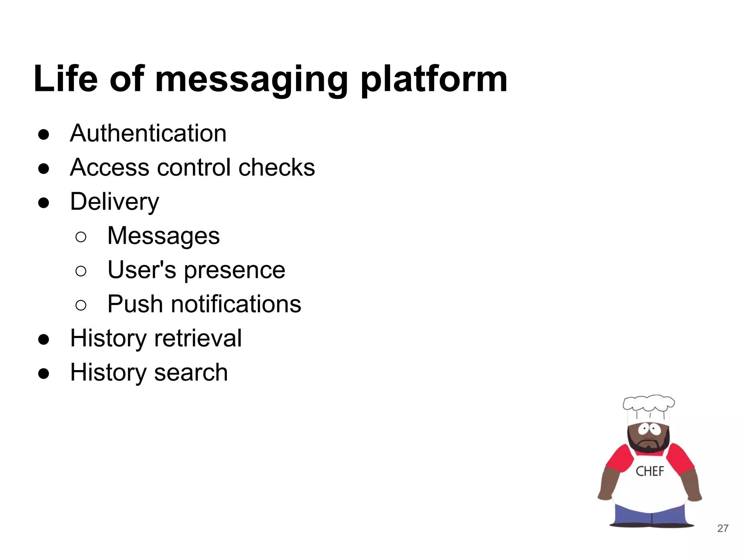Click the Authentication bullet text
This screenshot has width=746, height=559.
point(148,133)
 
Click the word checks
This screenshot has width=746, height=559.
point(276,167)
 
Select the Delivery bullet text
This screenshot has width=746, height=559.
point(114,202)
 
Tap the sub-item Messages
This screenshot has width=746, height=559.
point(164,236)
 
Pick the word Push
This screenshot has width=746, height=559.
point(135,304)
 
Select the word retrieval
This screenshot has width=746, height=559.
point(198,338)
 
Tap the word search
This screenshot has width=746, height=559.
point(191,372)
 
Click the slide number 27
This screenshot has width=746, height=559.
point(723,528)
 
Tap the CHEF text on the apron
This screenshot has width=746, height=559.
point(649,471)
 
